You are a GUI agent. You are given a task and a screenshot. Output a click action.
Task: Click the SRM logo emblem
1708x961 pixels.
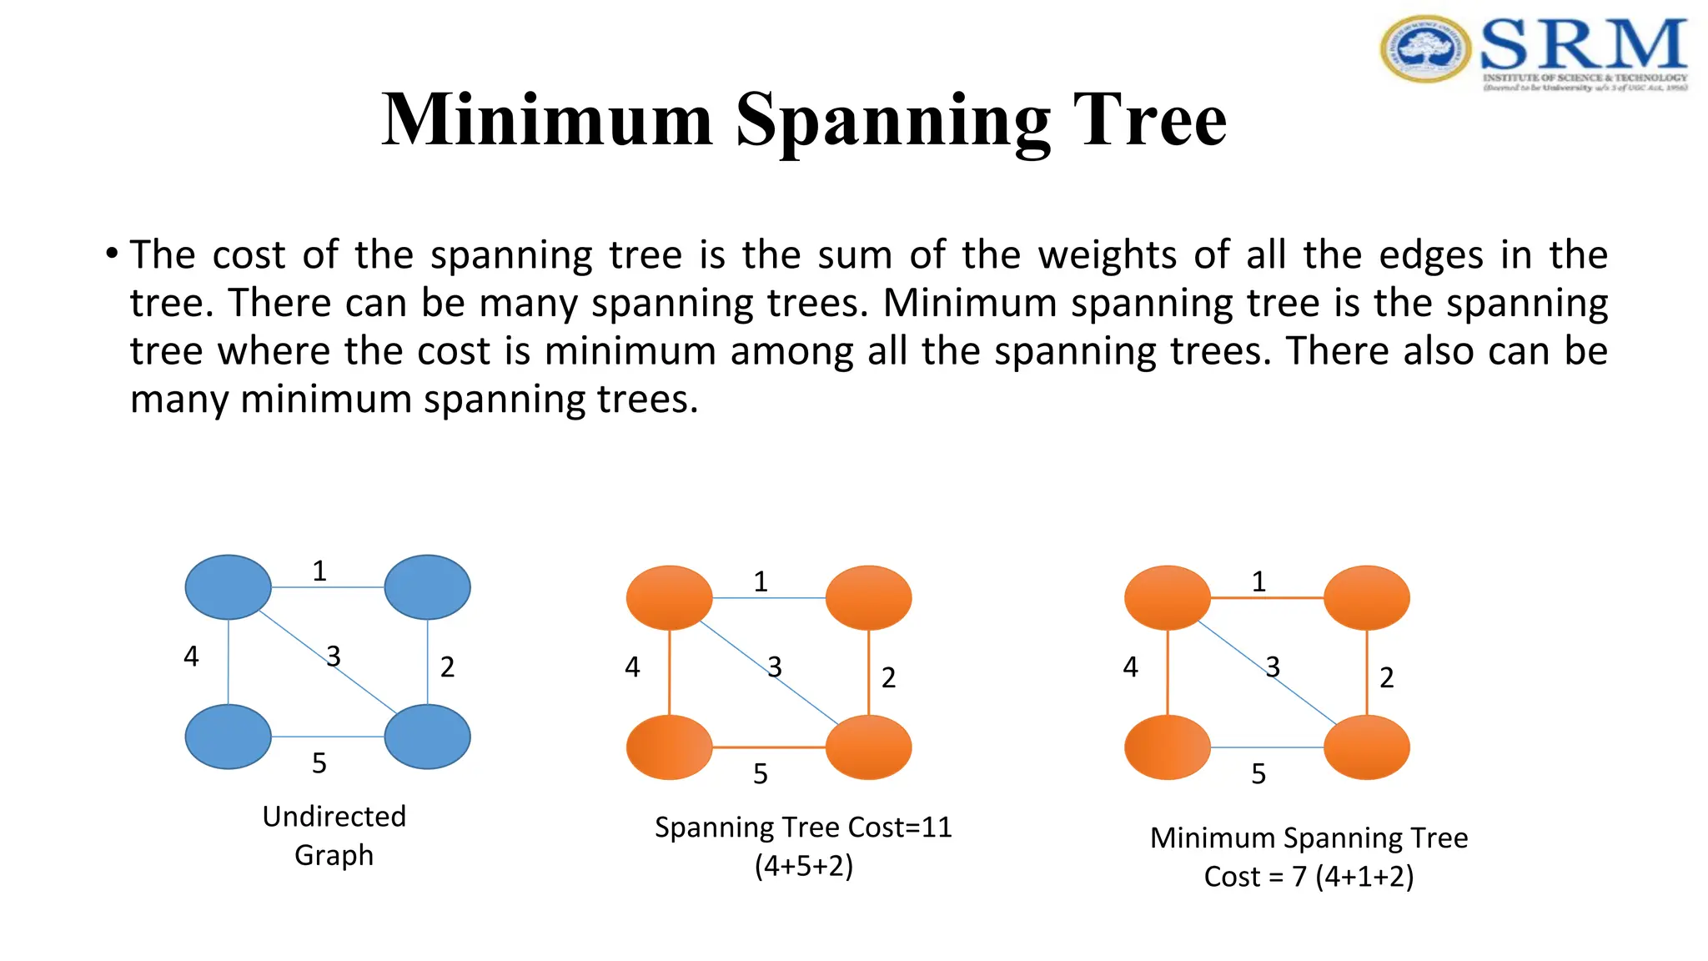pyautogui.click(x=1425, y=48)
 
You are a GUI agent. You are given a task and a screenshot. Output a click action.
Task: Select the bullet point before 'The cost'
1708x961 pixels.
pyautogui.click(x=112, y=253)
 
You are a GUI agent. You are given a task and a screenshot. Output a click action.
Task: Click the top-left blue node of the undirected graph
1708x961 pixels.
pyautogui.click(x=228, y=587)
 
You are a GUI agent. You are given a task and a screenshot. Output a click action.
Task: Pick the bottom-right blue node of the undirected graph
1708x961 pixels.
pyautogui.click(x=427, y=737)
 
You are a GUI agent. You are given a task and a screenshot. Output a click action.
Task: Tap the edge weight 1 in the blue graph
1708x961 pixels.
pyautogui.click(x=319, y=571)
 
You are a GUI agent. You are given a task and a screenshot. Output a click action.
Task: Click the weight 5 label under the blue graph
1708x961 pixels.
pyautogui.click(x=319, y=763)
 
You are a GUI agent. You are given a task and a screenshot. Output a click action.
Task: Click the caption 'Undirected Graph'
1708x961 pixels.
pyautogui.click(x=334, y=835)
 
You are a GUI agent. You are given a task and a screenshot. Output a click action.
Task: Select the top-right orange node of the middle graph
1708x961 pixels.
pyautogui.click(x=868, y=597)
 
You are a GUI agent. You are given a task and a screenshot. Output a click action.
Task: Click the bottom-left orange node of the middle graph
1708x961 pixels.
pyautogui.click(x=669, y=747)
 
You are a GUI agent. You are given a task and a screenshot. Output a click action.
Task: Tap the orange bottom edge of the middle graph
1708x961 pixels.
pyautogui.click(x=768, y=747)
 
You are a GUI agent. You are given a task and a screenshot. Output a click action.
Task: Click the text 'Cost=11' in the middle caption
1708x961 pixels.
pyautogui.click(x=899, y=828)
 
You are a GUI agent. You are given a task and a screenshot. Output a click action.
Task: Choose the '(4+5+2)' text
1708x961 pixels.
pyautogui.click(x=804, y=866)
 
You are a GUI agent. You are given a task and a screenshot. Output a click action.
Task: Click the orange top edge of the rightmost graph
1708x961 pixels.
pyautogui.click(x=1267, y=597)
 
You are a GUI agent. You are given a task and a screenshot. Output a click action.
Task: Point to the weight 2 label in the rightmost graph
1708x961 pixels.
pyautogui.click(x=1387, y=677)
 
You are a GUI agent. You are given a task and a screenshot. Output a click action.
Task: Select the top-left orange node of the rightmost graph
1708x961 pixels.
pyautogui.click(x=1167, y=597)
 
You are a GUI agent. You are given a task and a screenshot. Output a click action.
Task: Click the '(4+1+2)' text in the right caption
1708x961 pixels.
pyautogui.click(x=1364, y=877)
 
